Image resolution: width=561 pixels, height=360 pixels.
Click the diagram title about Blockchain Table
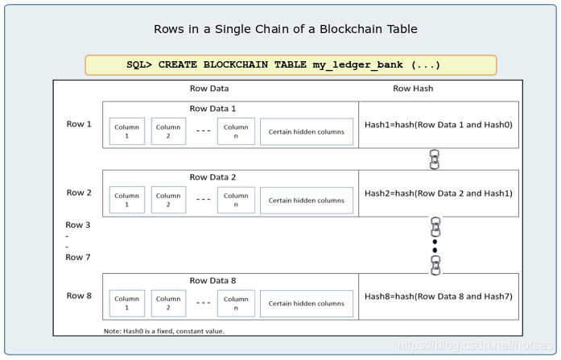pos(286,29)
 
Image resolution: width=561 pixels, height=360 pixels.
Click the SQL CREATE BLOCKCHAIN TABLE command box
pos(291,65)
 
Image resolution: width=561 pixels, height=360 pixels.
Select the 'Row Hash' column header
pos(413,89)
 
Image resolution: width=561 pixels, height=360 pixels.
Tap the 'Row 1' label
pos(78,124)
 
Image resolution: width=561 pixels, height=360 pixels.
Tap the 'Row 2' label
pos(78,192)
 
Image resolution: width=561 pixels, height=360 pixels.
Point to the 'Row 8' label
pos(78,296)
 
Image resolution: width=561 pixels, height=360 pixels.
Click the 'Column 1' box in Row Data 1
pos(126,131)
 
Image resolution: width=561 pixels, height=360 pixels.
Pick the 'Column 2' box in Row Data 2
pos(168,200)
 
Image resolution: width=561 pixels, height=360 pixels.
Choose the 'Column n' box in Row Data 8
pos(236,303)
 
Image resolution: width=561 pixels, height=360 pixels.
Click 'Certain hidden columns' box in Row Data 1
pos(306,132)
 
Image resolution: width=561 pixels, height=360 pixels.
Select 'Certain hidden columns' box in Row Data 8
pos(306,304)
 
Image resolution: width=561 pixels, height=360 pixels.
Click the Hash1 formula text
pos(438,125)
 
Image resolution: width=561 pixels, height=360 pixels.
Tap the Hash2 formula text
pos(438,193)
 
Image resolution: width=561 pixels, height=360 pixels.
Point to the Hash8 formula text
pos(438,296)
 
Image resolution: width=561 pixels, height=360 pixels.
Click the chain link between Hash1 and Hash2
pos(435,159)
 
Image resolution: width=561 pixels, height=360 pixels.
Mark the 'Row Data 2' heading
pos(212,176)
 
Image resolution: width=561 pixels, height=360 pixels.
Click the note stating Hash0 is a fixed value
pos(164,330)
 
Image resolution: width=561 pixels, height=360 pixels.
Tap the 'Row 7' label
pos(78,257)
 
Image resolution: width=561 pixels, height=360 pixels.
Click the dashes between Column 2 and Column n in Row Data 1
pos(203,131)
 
